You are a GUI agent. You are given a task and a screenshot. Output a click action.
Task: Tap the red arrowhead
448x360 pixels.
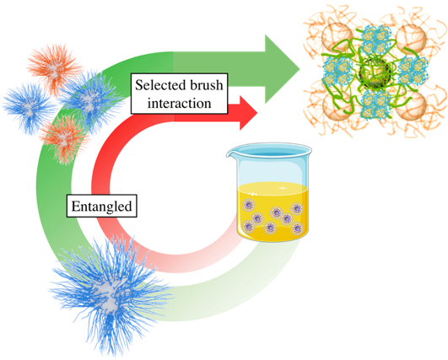[247, 113]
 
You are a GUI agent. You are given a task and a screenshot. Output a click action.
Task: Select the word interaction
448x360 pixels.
[179, 103]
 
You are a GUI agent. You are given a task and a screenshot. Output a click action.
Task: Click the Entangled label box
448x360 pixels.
[102, 206]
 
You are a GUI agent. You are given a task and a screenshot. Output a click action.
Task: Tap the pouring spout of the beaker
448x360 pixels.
[231, 154]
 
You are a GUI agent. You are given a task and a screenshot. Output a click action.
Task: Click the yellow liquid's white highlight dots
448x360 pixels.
[283, 188]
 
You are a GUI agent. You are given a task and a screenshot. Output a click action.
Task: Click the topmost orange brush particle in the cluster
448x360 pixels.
[53, 68]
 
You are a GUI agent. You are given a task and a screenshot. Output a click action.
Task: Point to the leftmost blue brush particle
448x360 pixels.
[29, 108]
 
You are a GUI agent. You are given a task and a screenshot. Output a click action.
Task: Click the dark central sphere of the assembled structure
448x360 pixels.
[375, 71]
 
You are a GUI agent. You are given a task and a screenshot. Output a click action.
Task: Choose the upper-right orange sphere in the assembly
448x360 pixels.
[412, 38]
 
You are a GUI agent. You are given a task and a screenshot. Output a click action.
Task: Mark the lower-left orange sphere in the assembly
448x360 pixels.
[337, 105]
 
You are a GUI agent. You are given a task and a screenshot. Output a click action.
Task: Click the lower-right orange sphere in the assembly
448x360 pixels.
[412, 105]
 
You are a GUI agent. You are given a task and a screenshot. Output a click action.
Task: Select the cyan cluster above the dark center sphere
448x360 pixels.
[375, 40]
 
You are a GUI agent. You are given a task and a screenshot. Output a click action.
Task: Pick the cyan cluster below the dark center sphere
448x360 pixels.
[375, 104]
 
